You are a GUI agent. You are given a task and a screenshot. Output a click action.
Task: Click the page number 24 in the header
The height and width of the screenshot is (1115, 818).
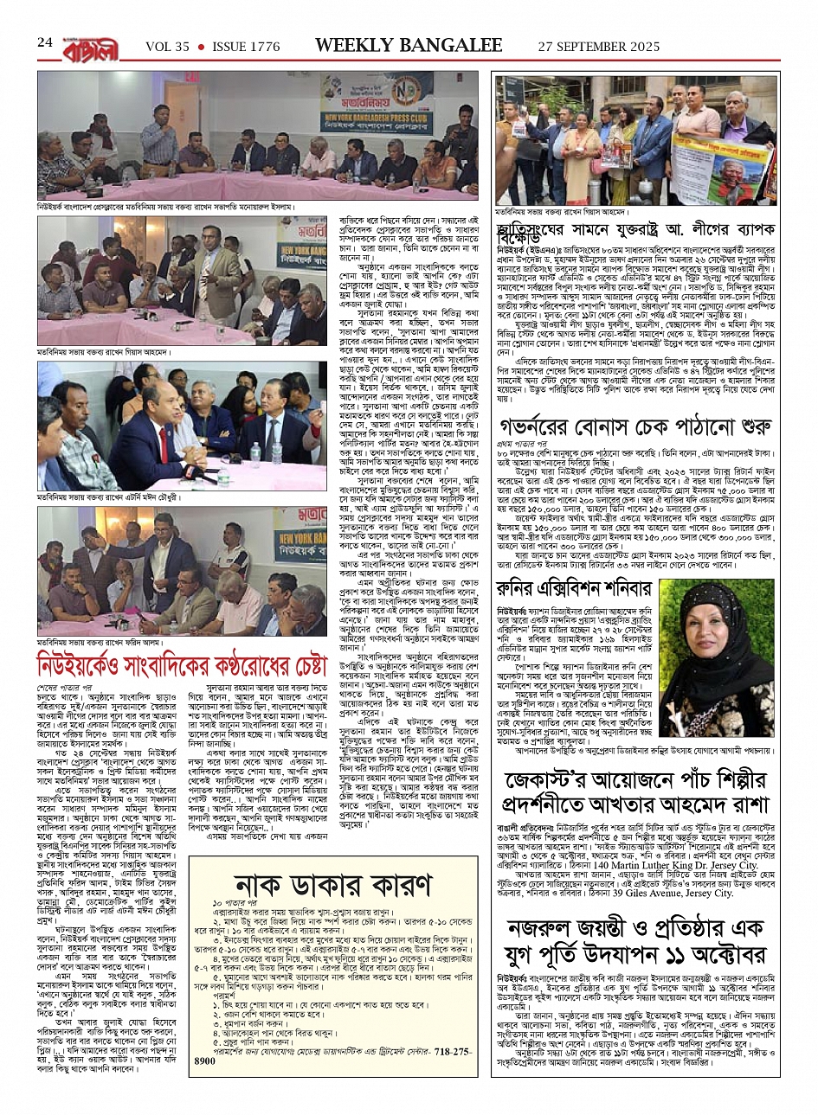tap(45, 42)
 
